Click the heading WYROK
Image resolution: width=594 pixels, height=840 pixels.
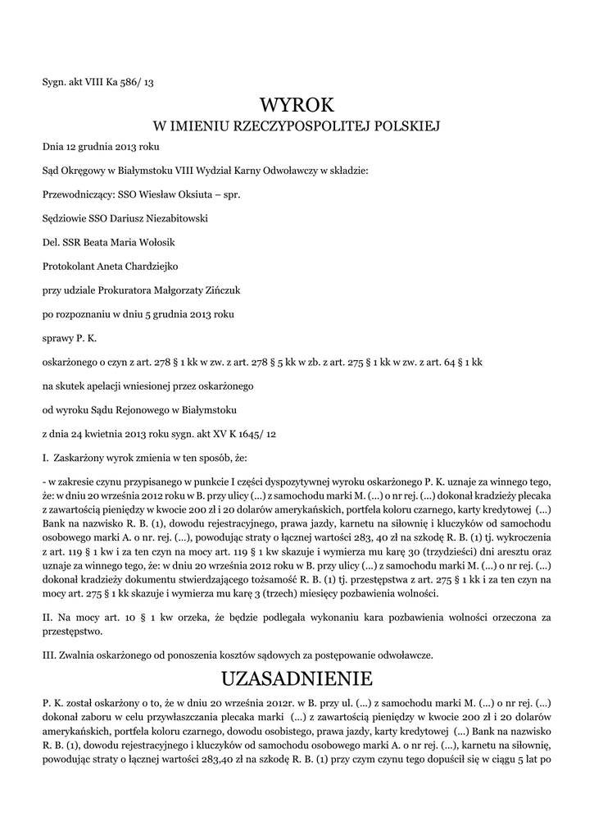pos(297,105)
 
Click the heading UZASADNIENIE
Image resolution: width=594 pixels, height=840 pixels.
pos(297,678)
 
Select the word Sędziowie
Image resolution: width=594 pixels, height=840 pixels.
pos(66,219)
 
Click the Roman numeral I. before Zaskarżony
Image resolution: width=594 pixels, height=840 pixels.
pos(46,457)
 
